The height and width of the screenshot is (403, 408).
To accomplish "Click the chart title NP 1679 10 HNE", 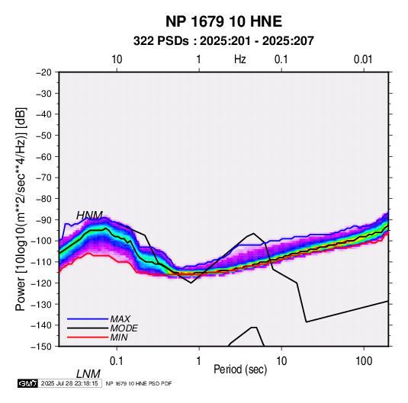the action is pyautogui.click(x=223, y=21).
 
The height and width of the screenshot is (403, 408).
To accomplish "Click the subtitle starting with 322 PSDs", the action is pyautogui.click(x=223, y=41).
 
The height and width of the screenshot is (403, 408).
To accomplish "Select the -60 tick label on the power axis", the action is pyautogui.click(x=43, y=156).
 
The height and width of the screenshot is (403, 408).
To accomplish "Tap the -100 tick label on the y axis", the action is pyautogui.click(x=42, y=241).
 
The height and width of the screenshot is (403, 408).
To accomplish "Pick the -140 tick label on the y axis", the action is pyautogui.click(x=42, y=325).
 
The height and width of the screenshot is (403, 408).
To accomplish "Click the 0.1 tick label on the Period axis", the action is pyautogui.click(x=117, y=360).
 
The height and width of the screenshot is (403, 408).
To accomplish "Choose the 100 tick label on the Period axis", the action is pyautogui.click(x=364, y=360).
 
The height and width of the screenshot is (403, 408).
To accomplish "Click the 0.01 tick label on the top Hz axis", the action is pyautogui.click(x=363, y=59).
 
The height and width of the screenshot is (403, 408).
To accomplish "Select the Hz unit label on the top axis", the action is pyautogui.click(x=240, y=59).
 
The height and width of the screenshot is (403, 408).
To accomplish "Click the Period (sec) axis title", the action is pyautogui.click(x=240, y=369).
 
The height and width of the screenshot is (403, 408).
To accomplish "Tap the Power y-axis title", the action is pyautogui.click(x=21, y=209).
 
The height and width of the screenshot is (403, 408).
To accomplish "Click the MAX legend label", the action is pyautogui.click(x=120, y=319).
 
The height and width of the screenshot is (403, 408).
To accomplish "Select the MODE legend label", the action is pyautogui.click(x=124, y=328).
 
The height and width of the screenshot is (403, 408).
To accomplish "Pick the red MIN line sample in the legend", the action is pyautogui.click(x=88, y=337).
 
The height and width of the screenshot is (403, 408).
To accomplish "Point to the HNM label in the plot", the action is pyautogui.click(x=89, y=216).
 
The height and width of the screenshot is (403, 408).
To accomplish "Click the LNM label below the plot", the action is pyautogui.click(x=88, y=374).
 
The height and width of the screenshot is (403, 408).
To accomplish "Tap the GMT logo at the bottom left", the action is pyautogui.click(x=28, y=383).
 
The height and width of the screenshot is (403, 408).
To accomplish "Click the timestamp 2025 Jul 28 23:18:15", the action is pyautogui.click(x=69, y=383).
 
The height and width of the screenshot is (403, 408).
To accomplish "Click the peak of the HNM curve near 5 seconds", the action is pyautogui.click(x=253, y=233).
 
